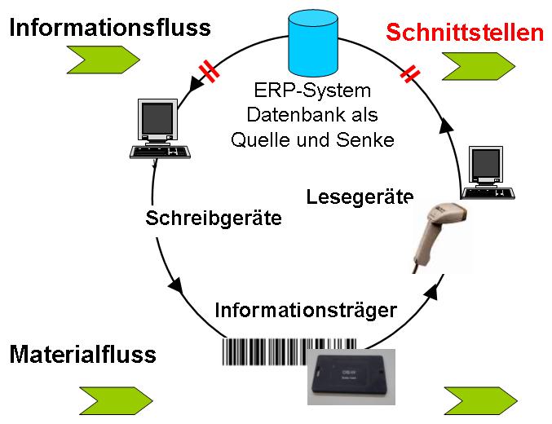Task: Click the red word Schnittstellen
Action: click(x=464, y=33)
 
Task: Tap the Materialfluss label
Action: click(x=82, y=355)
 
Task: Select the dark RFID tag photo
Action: click(x=350, y=376)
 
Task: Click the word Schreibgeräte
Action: click(x=214, y=219)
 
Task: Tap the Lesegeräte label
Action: click(x=360, y=197)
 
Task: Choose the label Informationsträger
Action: click(x=305, y=310)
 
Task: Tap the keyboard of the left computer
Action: click(x=161, y=152)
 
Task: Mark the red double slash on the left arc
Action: click(x=211, y=72)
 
